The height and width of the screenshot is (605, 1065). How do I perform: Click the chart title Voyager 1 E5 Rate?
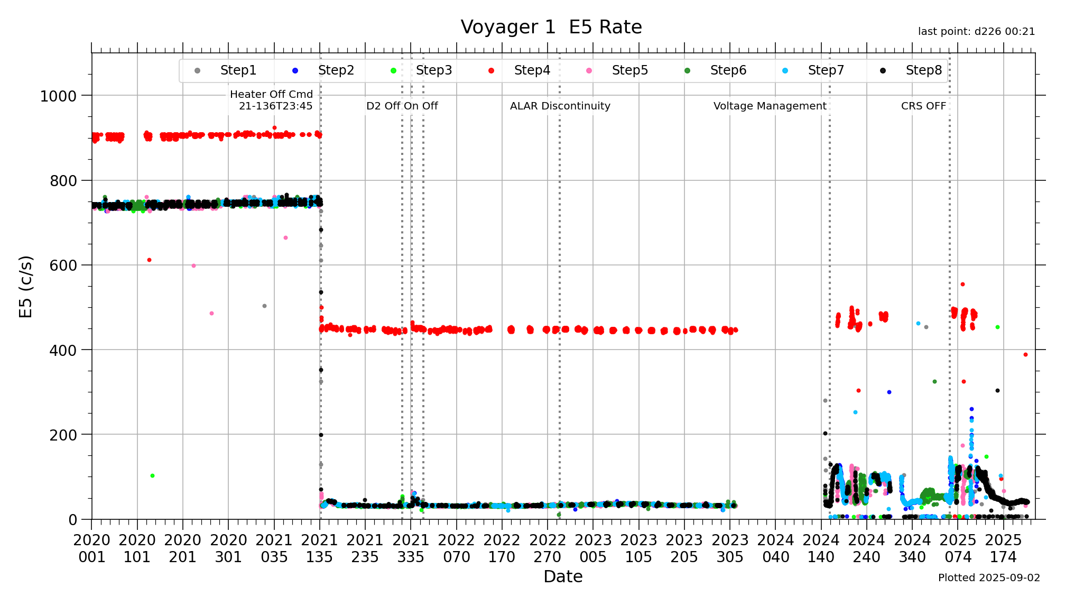[x=551, y=27]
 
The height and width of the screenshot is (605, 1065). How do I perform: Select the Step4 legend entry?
[x=531, y=70]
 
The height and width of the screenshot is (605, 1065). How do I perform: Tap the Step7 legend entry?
[x=825, y=70]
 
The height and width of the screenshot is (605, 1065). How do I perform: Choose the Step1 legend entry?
[x=238, y=70]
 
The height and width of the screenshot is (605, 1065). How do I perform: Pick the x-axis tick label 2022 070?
[x=457, y=548]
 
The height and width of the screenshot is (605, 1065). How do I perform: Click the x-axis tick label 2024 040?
[x=775, y=548]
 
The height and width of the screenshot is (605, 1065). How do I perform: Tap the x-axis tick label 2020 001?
[x=91, y=548]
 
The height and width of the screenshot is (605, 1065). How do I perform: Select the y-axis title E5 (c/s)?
[x=26, y=287]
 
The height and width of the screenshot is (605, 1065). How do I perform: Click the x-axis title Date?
[x=563, y=576]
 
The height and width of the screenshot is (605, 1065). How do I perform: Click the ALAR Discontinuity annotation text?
[x=560, y=106]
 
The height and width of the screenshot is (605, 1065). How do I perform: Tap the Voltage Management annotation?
[x=770, y=106]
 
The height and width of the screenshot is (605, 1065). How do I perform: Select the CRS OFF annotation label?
[x=923, y=106]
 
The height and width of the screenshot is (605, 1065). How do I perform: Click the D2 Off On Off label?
[x=402, y=106]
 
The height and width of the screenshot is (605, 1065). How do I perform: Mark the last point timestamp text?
[x=976, y=32]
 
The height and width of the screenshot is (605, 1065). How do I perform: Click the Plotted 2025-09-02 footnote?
[x=988, y=577]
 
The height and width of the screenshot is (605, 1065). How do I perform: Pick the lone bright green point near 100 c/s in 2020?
[x=152, y=476]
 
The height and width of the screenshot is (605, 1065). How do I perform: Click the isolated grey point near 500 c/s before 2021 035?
[x=264, y=306]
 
